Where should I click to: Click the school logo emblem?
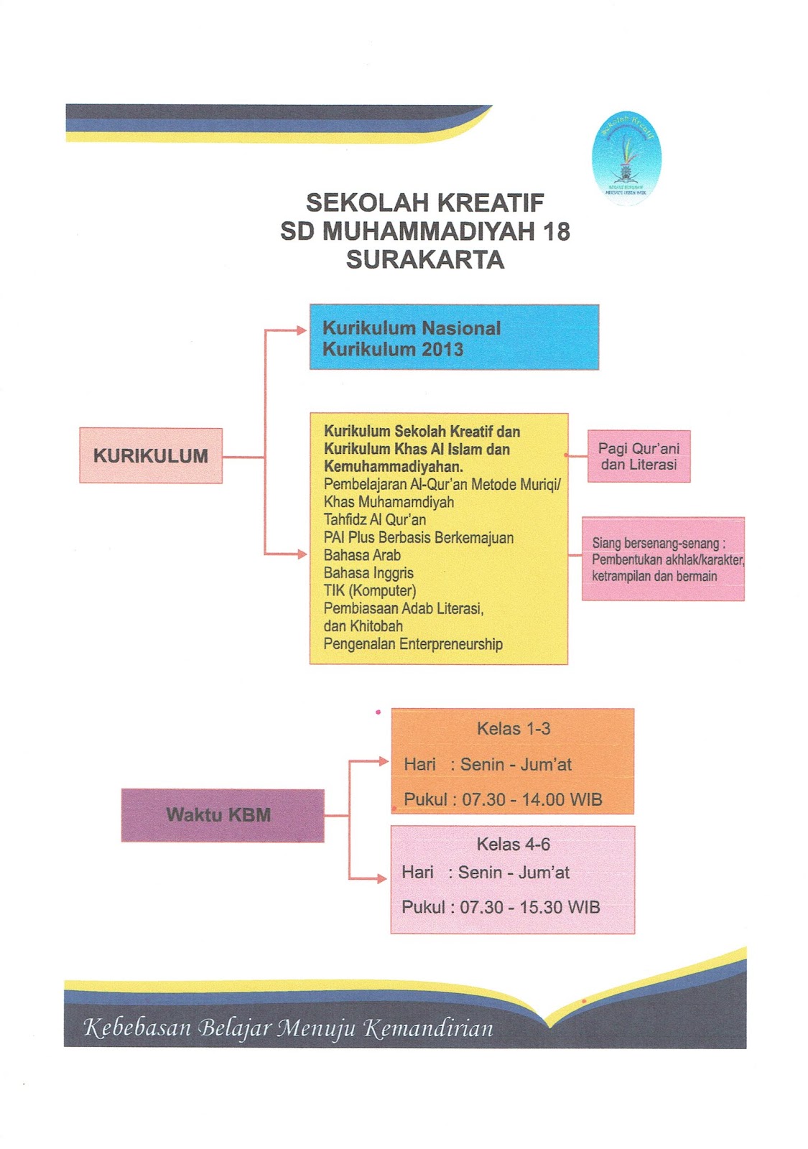626,157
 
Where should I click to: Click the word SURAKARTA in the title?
424,260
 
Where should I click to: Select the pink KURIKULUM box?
150,455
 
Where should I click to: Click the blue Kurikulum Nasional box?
453,337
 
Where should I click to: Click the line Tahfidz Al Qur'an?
374,519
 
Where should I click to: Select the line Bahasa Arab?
362,555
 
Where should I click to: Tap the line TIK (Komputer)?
369,590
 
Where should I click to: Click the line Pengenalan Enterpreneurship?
412,643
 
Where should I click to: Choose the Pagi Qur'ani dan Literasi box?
638,456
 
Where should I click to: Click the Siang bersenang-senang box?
662,559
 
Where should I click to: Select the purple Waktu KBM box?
222,814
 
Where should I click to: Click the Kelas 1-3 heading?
513,728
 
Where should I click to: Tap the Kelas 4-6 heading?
513,844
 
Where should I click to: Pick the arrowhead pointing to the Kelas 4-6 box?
381,878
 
